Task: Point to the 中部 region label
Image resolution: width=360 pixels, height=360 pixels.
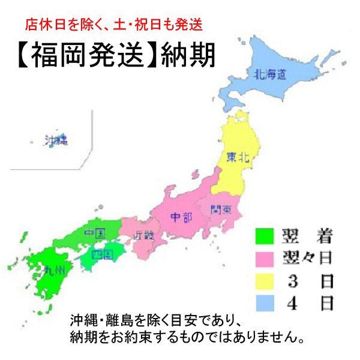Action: click(181, 217)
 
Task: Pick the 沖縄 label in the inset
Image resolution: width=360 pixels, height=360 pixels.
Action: click(56, 141)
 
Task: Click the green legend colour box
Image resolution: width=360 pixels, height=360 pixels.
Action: click(265, 236)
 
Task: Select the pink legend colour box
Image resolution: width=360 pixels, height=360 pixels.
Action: click(265, 259)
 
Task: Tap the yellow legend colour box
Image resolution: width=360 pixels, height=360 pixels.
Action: click(265, 281)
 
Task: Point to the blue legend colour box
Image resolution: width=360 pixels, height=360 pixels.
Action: click(265, 304)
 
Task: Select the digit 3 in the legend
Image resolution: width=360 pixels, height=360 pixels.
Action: click(292, 281)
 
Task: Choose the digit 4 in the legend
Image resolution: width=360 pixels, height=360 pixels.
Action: click(292, 304)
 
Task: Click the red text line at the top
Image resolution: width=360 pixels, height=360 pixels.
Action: click(114, 25)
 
